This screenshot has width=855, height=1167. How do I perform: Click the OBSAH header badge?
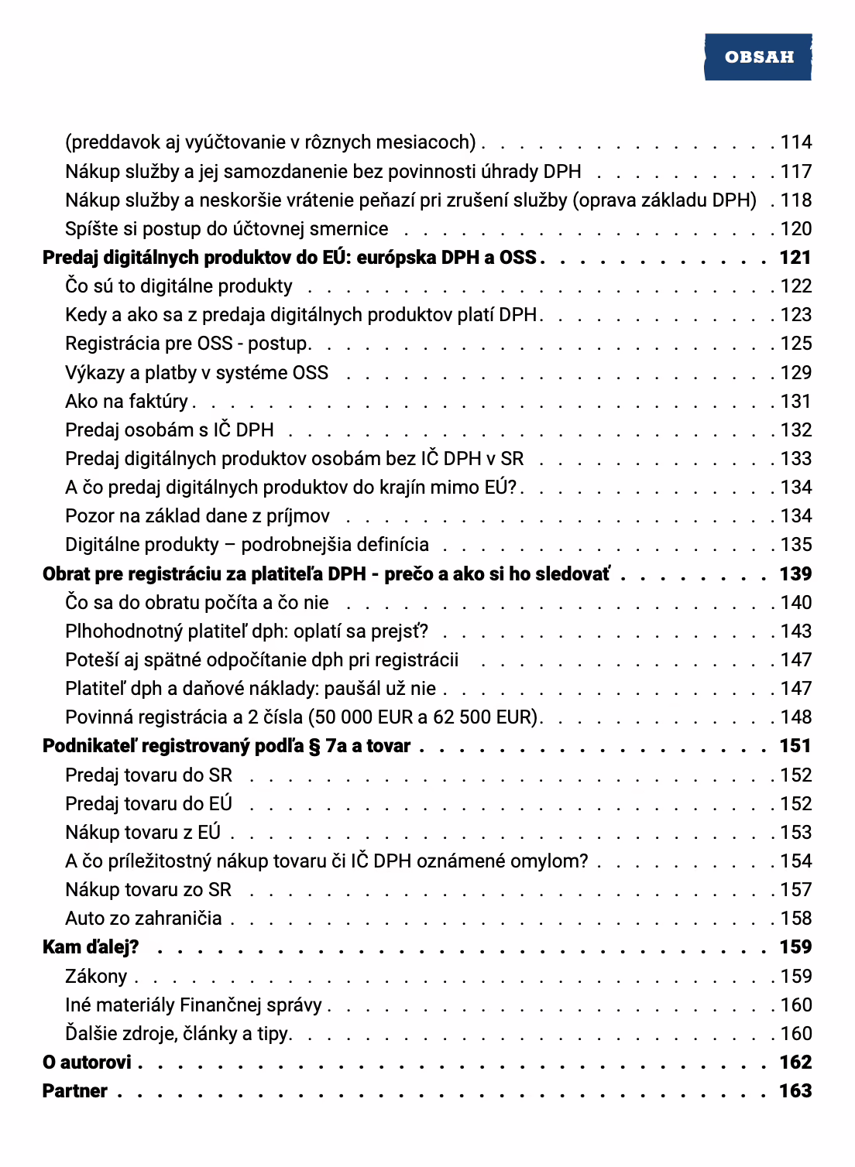758,56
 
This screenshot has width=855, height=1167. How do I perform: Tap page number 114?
795,142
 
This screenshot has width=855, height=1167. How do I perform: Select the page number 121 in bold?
795,258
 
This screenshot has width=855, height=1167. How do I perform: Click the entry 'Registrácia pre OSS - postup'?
187,344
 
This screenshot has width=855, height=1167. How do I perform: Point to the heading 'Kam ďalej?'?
91,947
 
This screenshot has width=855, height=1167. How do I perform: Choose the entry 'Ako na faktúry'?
126,402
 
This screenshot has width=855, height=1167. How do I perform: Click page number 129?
795,373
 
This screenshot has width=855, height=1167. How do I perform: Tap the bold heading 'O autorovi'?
87,1063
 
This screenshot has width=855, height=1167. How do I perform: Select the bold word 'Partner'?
75,1091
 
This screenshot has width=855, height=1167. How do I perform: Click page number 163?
795,1091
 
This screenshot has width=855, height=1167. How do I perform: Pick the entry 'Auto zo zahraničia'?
143,919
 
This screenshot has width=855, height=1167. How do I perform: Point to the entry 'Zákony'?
96,977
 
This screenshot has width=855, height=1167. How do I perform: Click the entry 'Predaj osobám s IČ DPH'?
170,430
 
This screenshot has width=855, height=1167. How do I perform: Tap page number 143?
795,631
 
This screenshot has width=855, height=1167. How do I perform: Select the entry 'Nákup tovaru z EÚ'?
143,833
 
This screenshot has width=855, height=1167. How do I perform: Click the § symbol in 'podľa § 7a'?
314,747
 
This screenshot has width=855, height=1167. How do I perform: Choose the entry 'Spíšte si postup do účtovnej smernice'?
227,229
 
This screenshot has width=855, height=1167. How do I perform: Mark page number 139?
795,574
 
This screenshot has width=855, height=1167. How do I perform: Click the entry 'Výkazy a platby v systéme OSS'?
197,373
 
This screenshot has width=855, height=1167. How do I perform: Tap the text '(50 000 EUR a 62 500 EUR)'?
423,717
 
